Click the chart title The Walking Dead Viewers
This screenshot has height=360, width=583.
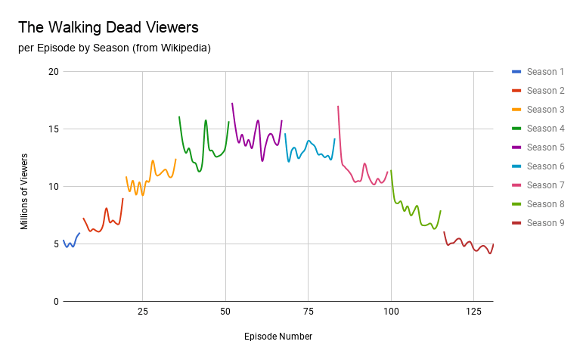pyautogui.click(x=108, y=28)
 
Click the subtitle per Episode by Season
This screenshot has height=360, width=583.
pyautogui.click(x=114, y=48)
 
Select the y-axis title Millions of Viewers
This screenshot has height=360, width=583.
pyautogui.click(x=24, y=191)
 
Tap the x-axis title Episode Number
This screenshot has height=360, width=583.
pyautogui.click(x=278, y=336)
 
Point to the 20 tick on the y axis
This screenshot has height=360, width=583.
pyautogui.click(x=52, y=72)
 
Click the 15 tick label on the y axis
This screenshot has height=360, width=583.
pyautogui.click(x=52, y=129)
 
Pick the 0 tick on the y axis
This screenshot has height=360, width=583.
pyautogui.click(x=55, y=302)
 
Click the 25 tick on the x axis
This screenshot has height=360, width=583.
pyautogui.click(x=142, y=312)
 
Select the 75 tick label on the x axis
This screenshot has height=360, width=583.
pyautogui.click(x=307, y=312)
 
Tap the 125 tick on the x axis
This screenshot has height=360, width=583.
pyautogui.click(x=473, y=312)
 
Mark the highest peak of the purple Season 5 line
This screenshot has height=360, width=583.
pyautogui.click(x=232, y=104)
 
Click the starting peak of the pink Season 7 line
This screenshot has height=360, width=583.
pyautogui.click(x=338, y=107)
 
